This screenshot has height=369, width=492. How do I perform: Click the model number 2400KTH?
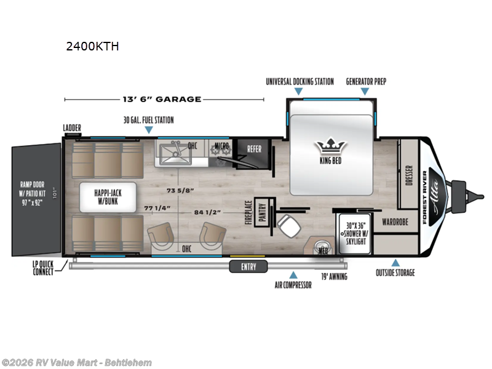point(92,46)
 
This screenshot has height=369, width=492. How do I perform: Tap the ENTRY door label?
point(249,266)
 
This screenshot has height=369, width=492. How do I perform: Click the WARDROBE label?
point(395,221)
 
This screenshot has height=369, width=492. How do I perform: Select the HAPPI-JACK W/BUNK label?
point(108,197)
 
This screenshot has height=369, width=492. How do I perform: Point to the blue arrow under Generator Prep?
point(365,92)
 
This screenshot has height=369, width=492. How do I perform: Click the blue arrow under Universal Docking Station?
point(299,92)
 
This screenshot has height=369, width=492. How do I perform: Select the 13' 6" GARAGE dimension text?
point(164,99)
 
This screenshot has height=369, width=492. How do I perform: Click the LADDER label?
point(72,128)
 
